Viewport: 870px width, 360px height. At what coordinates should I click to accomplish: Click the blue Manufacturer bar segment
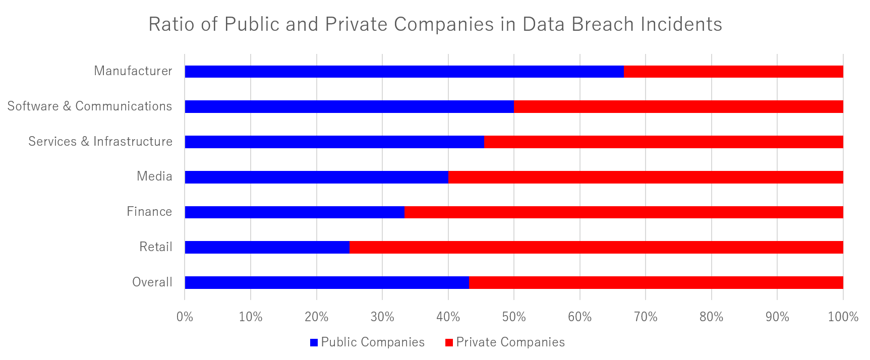coord(404,72)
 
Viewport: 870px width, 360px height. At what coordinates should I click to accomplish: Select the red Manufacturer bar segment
coord(733,72)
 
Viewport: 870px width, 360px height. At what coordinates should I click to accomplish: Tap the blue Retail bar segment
coord(267,248)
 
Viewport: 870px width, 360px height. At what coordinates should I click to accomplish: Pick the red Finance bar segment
coord(623,212)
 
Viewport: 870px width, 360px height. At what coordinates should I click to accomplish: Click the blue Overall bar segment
coord(327,283)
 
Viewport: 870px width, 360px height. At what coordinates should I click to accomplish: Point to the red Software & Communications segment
coord(678,107)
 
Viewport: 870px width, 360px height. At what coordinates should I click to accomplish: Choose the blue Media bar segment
coord(316,177)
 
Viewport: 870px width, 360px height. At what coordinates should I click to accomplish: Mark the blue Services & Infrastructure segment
coord(334,142)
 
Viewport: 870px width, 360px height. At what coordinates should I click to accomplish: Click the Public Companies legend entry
coord(367,342)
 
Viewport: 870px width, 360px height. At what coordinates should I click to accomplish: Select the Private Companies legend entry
coord(505,342)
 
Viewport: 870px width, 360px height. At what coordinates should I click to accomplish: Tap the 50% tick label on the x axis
coord(514,317)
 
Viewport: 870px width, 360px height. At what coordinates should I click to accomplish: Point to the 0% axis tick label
coord(185,317)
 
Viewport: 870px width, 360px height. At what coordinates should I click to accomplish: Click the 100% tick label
coord(843,317)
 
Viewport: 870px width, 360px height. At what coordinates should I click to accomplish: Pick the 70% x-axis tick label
coord(646,317)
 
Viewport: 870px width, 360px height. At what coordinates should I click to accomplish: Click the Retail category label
coord(156,247)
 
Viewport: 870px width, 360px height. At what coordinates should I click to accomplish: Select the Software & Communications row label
coord(89,106)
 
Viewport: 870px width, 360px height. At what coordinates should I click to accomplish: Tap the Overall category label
coord(152,282)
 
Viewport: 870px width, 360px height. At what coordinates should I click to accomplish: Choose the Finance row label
coord(149,212)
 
